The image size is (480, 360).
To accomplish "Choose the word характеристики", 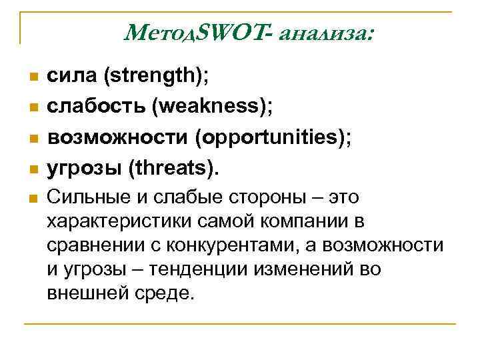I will coord(113,221).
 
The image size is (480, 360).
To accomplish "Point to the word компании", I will coord(301,221).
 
